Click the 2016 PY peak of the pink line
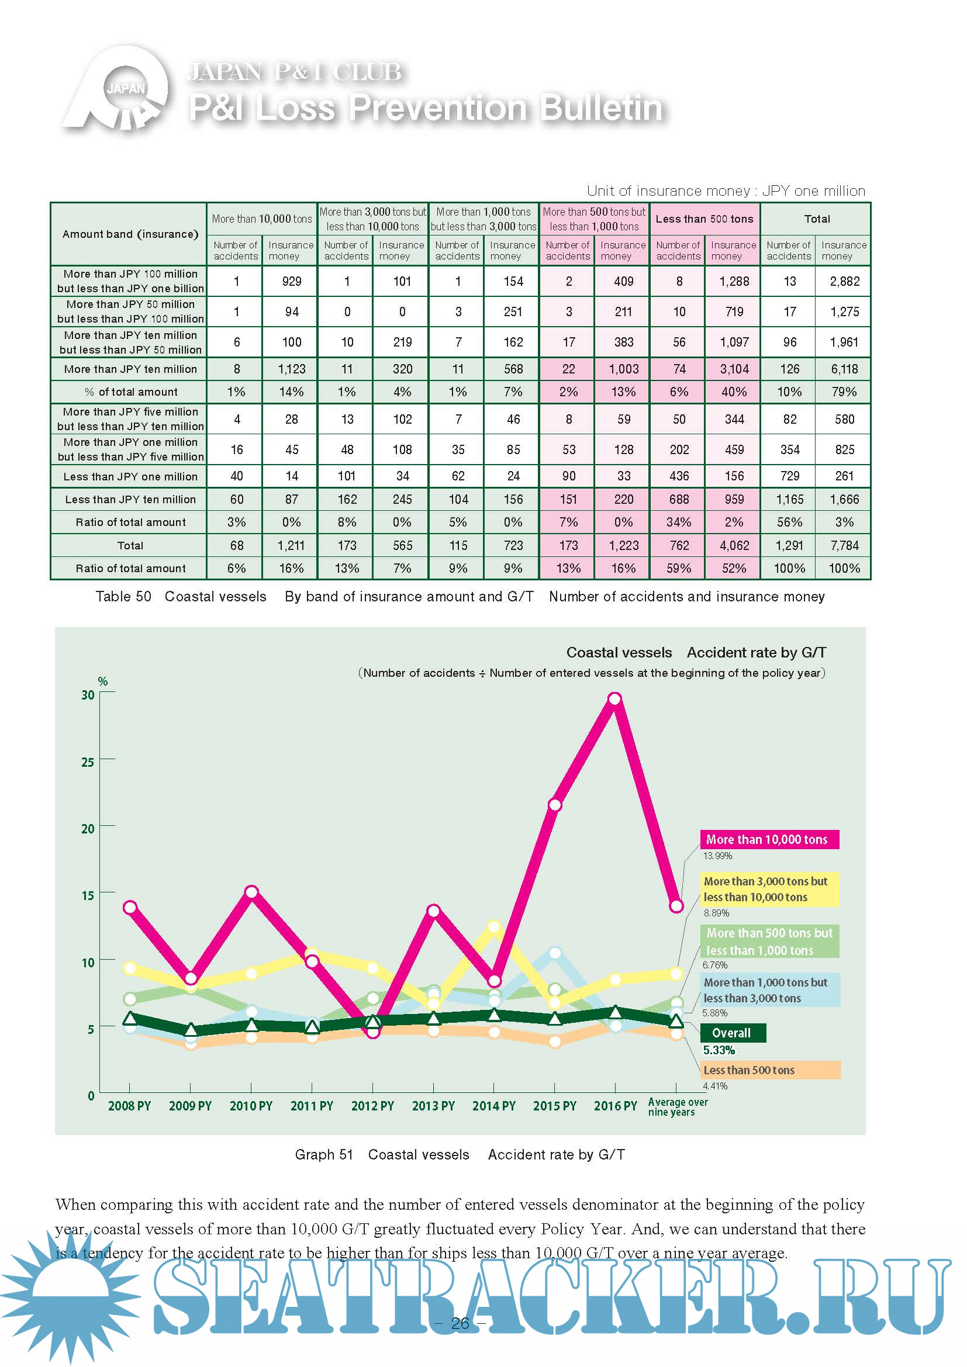tap(615, 698)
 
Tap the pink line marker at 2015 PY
tap(554, 805)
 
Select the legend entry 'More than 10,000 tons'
tap(769, 839)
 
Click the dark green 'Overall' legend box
tap(732, 1033)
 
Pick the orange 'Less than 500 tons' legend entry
tap(770, 1070)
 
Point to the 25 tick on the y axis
tap(88, 762)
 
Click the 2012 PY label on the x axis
tap(373, 1106)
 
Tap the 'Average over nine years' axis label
tap(677, 1107)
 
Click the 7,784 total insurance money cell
tap(844, 545)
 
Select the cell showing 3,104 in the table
tap(734, 369)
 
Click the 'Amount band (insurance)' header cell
tap(130, 234)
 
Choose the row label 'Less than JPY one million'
tap(130, 476)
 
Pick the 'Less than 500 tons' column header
tap(704, 219)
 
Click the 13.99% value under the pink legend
tap(717, 856)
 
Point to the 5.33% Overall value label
tap(719, 1050)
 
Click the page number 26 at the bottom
tap(460, 1324)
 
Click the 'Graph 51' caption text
tap(324, 1154)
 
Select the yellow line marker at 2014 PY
tap(494, 927)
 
